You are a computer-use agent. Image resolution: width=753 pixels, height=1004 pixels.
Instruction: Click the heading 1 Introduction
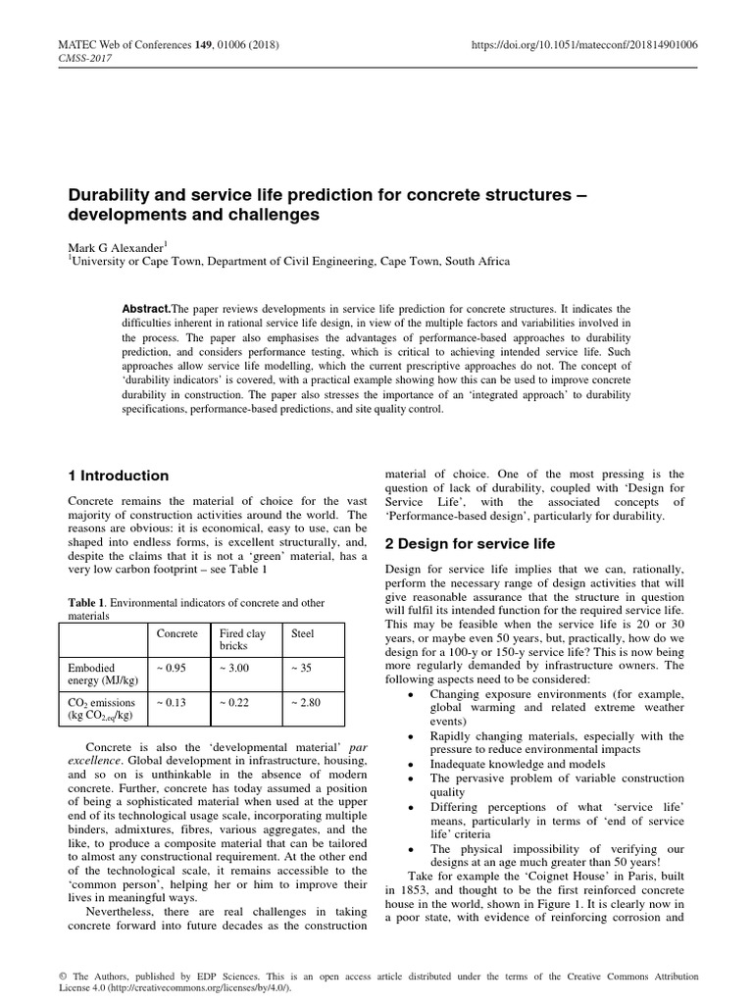pyautogui.click(x=116, y=476)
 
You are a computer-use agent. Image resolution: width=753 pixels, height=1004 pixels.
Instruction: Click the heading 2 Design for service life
pyautogui.click(x=470, y=543)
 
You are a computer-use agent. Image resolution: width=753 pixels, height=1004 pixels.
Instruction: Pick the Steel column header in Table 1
pyautogui.click(x=303, y=634)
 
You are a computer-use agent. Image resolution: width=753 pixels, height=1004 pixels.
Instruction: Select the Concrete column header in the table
pyautogui.click(x=177, y=634)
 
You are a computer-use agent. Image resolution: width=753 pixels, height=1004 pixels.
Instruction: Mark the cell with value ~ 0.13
pyautogui.click(x=173, y=702)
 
